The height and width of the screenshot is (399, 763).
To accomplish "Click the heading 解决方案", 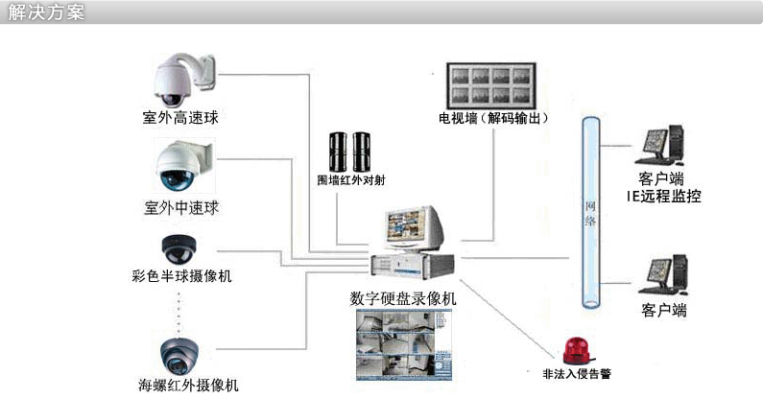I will click(45, 13).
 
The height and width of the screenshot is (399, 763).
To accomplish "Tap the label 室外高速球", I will click(181, 120).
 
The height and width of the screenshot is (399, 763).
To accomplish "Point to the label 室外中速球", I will click(181, 206).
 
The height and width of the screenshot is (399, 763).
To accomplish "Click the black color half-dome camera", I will click(178, 248).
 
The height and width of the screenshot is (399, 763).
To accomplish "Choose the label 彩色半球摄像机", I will click(182, 276).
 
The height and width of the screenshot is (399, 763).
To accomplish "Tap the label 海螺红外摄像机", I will click(189, 387).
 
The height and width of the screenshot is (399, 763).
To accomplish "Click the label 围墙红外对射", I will click(350, 179).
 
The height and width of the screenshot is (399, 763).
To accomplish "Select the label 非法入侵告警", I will click(576, 373).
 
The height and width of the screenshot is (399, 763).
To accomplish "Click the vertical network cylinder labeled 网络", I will click(593, 211).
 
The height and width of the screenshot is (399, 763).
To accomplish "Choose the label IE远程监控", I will click(664, 197).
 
